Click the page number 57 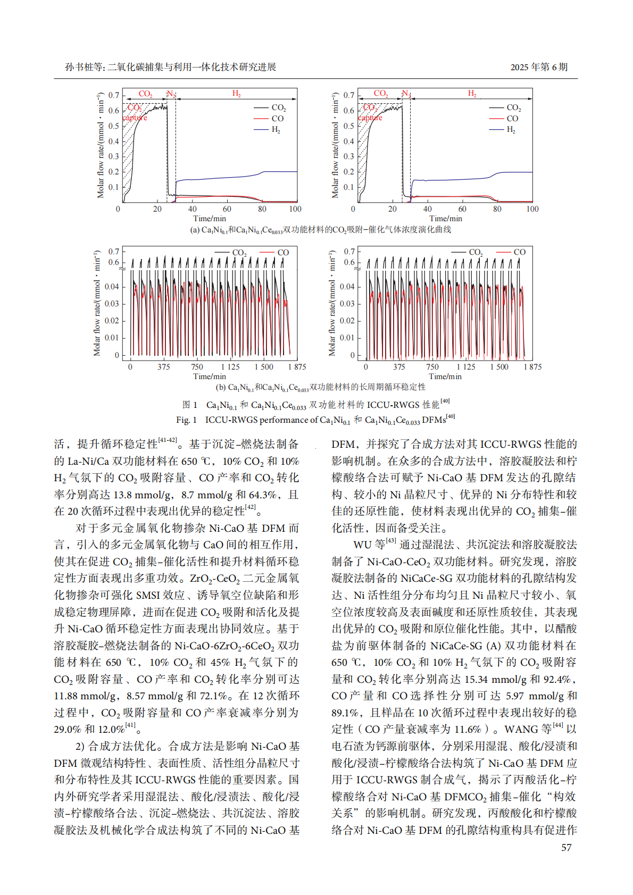click(566, 848)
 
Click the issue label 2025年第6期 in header click(539, 67)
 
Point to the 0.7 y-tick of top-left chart click(114, 95)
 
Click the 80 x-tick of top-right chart click(497, 209)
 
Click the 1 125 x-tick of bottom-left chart click(230, 367)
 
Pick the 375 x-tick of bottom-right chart click(399, 367)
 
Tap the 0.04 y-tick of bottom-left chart click(112, 287)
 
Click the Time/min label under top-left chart click(210, 219)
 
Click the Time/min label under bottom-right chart click(445, 377)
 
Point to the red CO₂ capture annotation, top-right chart click(370, 113)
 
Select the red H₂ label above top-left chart click(237, 94)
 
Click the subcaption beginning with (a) click(320, 230)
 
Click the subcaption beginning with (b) click(320, 387)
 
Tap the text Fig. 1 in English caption click(186, 420)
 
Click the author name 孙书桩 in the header click(78, 67)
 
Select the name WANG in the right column click(521, 729)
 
